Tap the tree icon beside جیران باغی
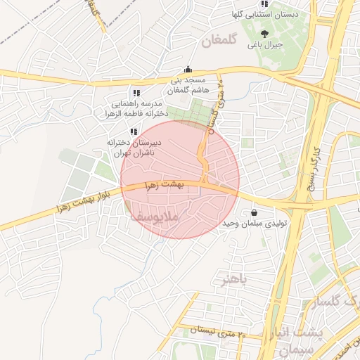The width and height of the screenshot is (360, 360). [x=264, y=34]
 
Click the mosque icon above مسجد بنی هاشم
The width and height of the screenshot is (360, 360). [x=188, y=70]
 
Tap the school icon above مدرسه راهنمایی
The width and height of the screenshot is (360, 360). [x=136, y=93]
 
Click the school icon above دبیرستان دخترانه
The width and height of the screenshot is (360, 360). [x=133, y=131]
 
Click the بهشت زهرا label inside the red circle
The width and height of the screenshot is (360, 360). [x=163, y=185]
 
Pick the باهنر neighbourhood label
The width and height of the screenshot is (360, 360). [x=235, y=280]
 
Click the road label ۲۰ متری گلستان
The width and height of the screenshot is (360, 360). [x=215, y=105]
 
